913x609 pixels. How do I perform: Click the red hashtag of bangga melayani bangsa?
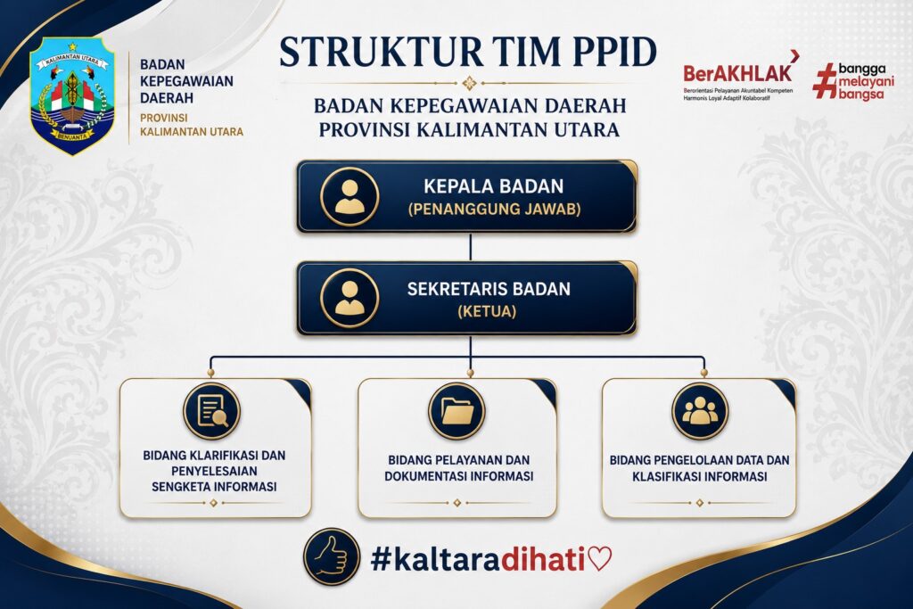[825, 81]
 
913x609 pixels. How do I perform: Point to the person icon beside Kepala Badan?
[350, 197]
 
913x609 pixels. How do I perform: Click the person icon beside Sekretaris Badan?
[350, 298]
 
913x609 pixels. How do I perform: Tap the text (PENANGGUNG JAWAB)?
[494, 209]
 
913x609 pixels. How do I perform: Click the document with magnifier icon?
[212, 411]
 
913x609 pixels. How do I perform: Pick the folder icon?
[457, 411]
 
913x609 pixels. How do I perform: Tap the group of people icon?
[700, 411]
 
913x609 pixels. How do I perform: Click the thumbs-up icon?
[332, 557]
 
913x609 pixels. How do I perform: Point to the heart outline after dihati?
[600, 559]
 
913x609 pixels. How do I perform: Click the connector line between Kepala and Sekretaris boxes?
[471, 247]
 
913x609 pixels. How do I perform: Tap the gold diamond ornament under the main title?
[469, 83]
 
